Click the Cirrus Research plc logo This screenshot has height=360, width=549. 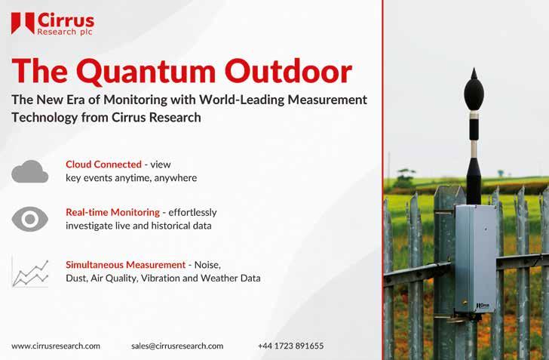53,24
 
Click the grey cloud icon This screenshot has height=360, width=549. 29,171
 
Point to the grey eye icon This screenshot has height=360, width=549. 29,219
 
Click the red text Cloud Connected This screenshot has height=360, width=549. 103,164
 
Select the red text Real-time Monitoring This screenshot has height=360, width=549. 113,212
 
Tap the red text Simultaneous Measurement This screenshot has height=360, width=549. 125,265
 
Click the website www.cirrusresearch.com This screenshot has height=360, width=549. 56,346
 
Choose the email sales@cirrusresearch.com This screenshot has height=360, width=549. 177,346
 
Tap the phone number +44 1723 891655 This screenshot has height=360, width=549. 290,346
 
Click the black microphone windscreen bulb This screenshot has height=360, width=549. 474,94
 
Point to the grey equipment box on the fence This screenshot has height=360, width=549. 475,259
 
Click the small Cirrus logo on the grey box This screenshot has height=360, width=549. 483,306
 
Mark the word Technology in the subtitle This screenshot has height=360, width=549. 44,118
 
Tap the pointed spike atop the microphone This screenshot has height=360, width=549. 474,73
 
